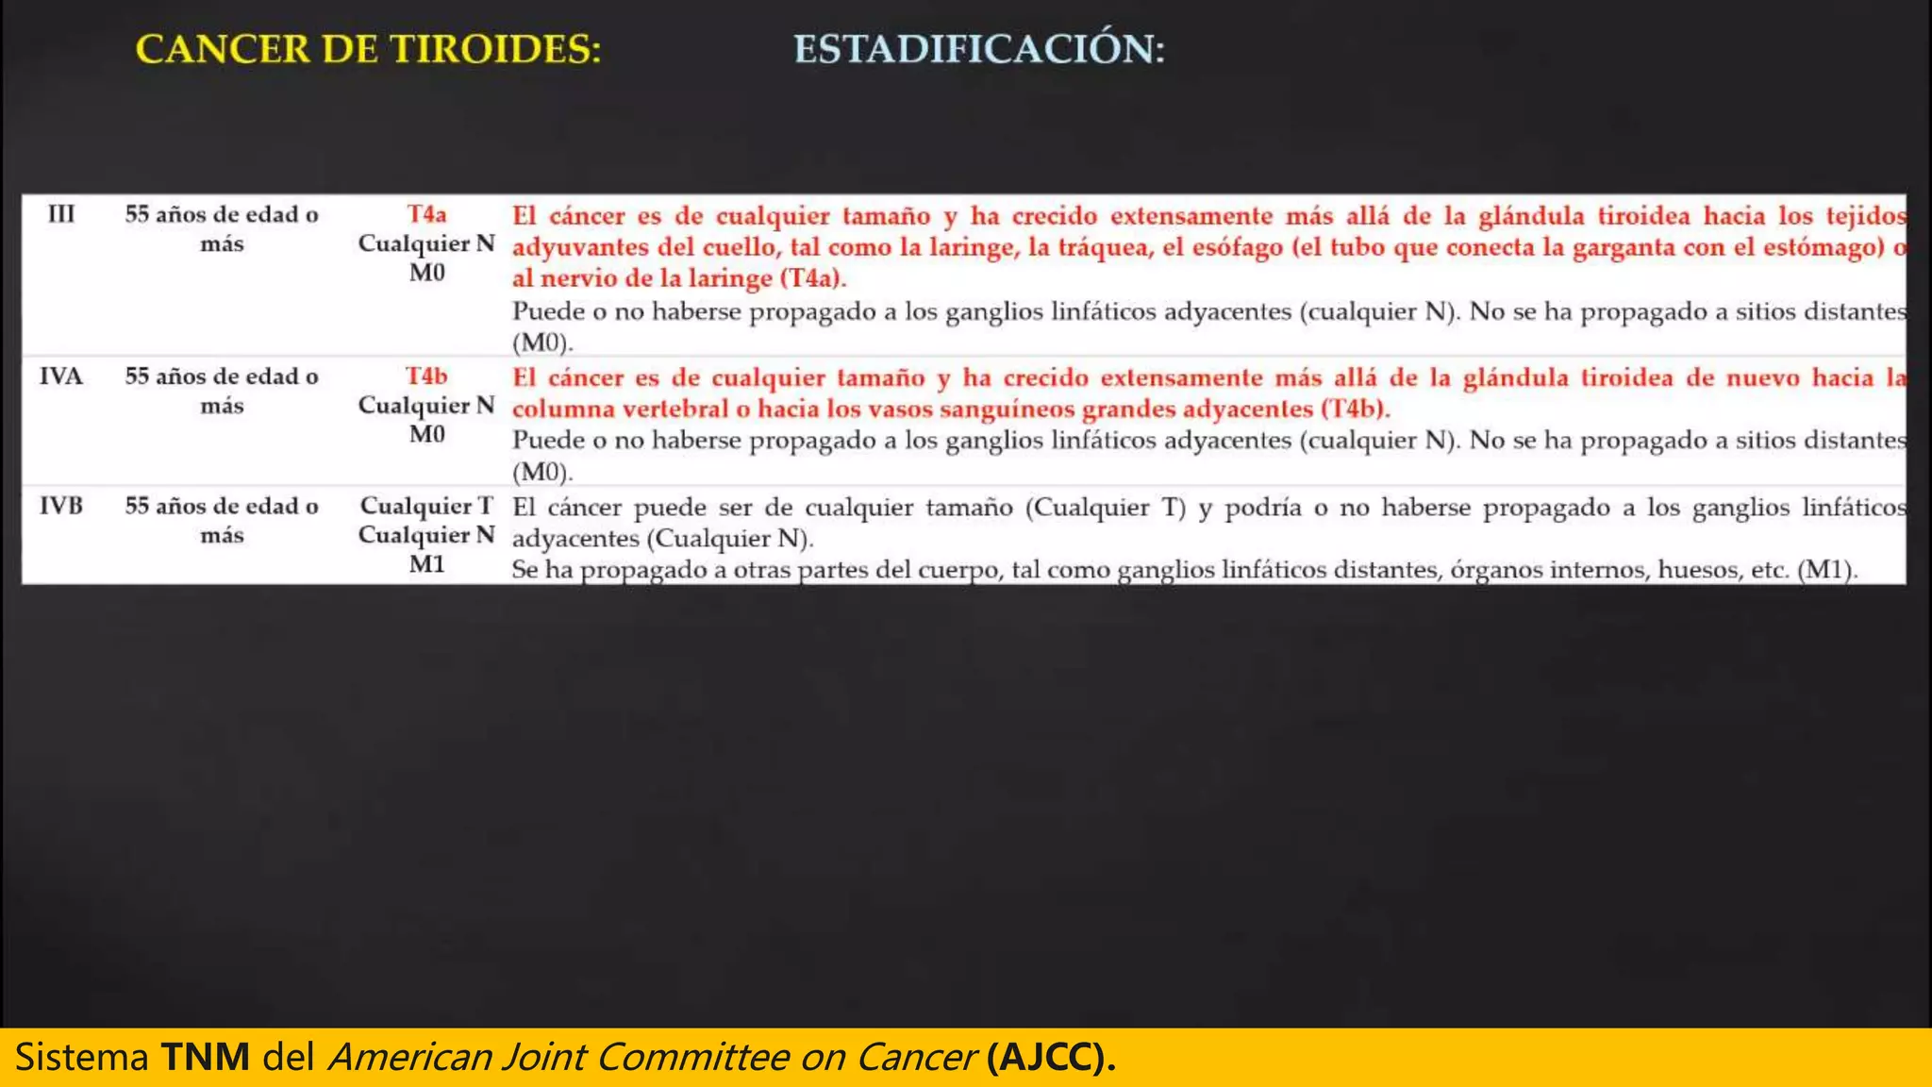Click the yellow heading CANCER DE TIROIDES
(x=368, y=49)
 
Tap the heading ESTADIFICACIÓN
(x=978, y=49)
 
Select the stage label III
(x=61, y=214)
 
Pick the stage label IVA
(x=61, y=376)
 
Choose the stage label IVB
(x=61, y=506)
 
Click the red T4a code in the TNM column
(x=426, y=214)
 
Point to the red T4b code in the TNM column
(x=426, y=376)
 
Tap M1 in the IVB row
(x=426, y=564)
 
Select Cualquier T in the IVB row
(x=426, y=506)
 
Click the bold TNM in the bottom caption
(x=205, y=1057)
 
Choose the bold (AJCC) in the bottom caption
(x=1050, y=1057)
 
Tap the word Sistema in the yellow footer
(x=81, y=1057)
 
